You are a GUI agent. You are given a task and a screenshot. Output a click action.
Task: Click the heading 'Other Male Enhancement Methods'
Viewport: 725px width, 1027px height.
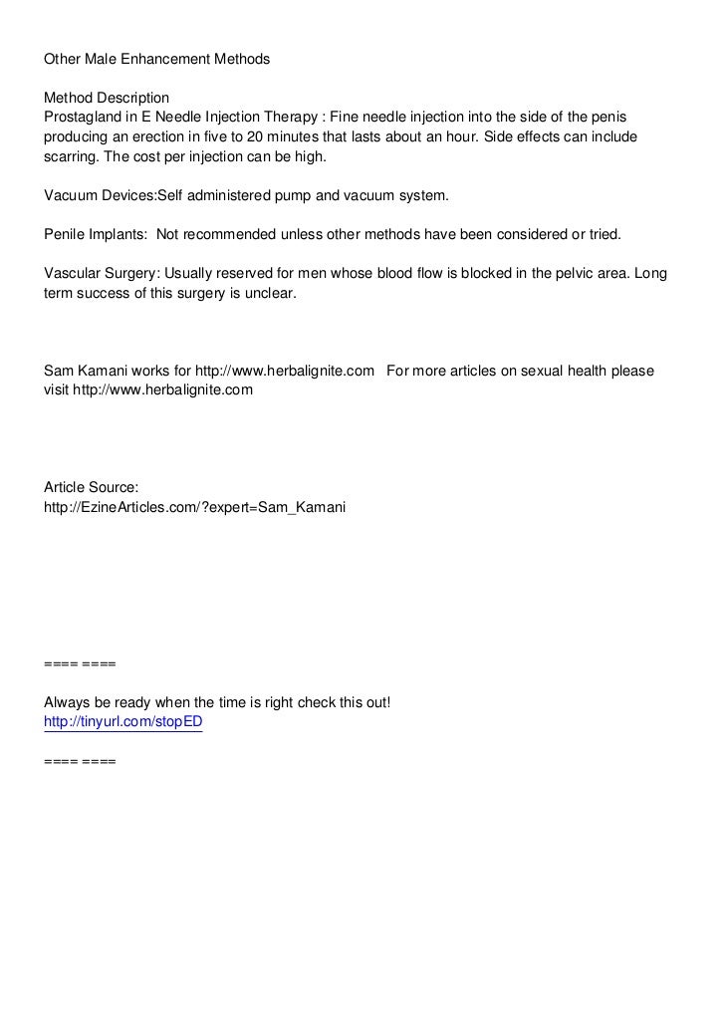coord(156,59)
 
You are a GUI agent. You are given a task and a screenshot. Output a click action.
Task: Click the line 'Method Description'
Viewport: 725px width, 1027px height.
coord(107,98)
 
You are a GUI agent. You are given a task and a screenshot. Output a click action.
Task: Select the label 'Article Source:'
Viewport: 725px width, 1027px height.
coord(91,488)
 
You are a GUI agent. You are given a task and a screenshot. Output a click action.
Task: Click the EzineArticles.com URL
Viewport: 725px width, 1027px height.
coord(194,508)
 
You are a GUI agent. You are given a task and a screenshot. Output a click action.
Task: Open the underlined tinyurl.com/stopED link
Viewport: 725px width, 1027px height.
coord(123,722)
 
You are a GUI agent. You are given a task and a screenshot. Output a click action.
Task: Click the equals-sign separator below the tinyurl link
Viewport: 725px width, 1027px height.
coord(80,762)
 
